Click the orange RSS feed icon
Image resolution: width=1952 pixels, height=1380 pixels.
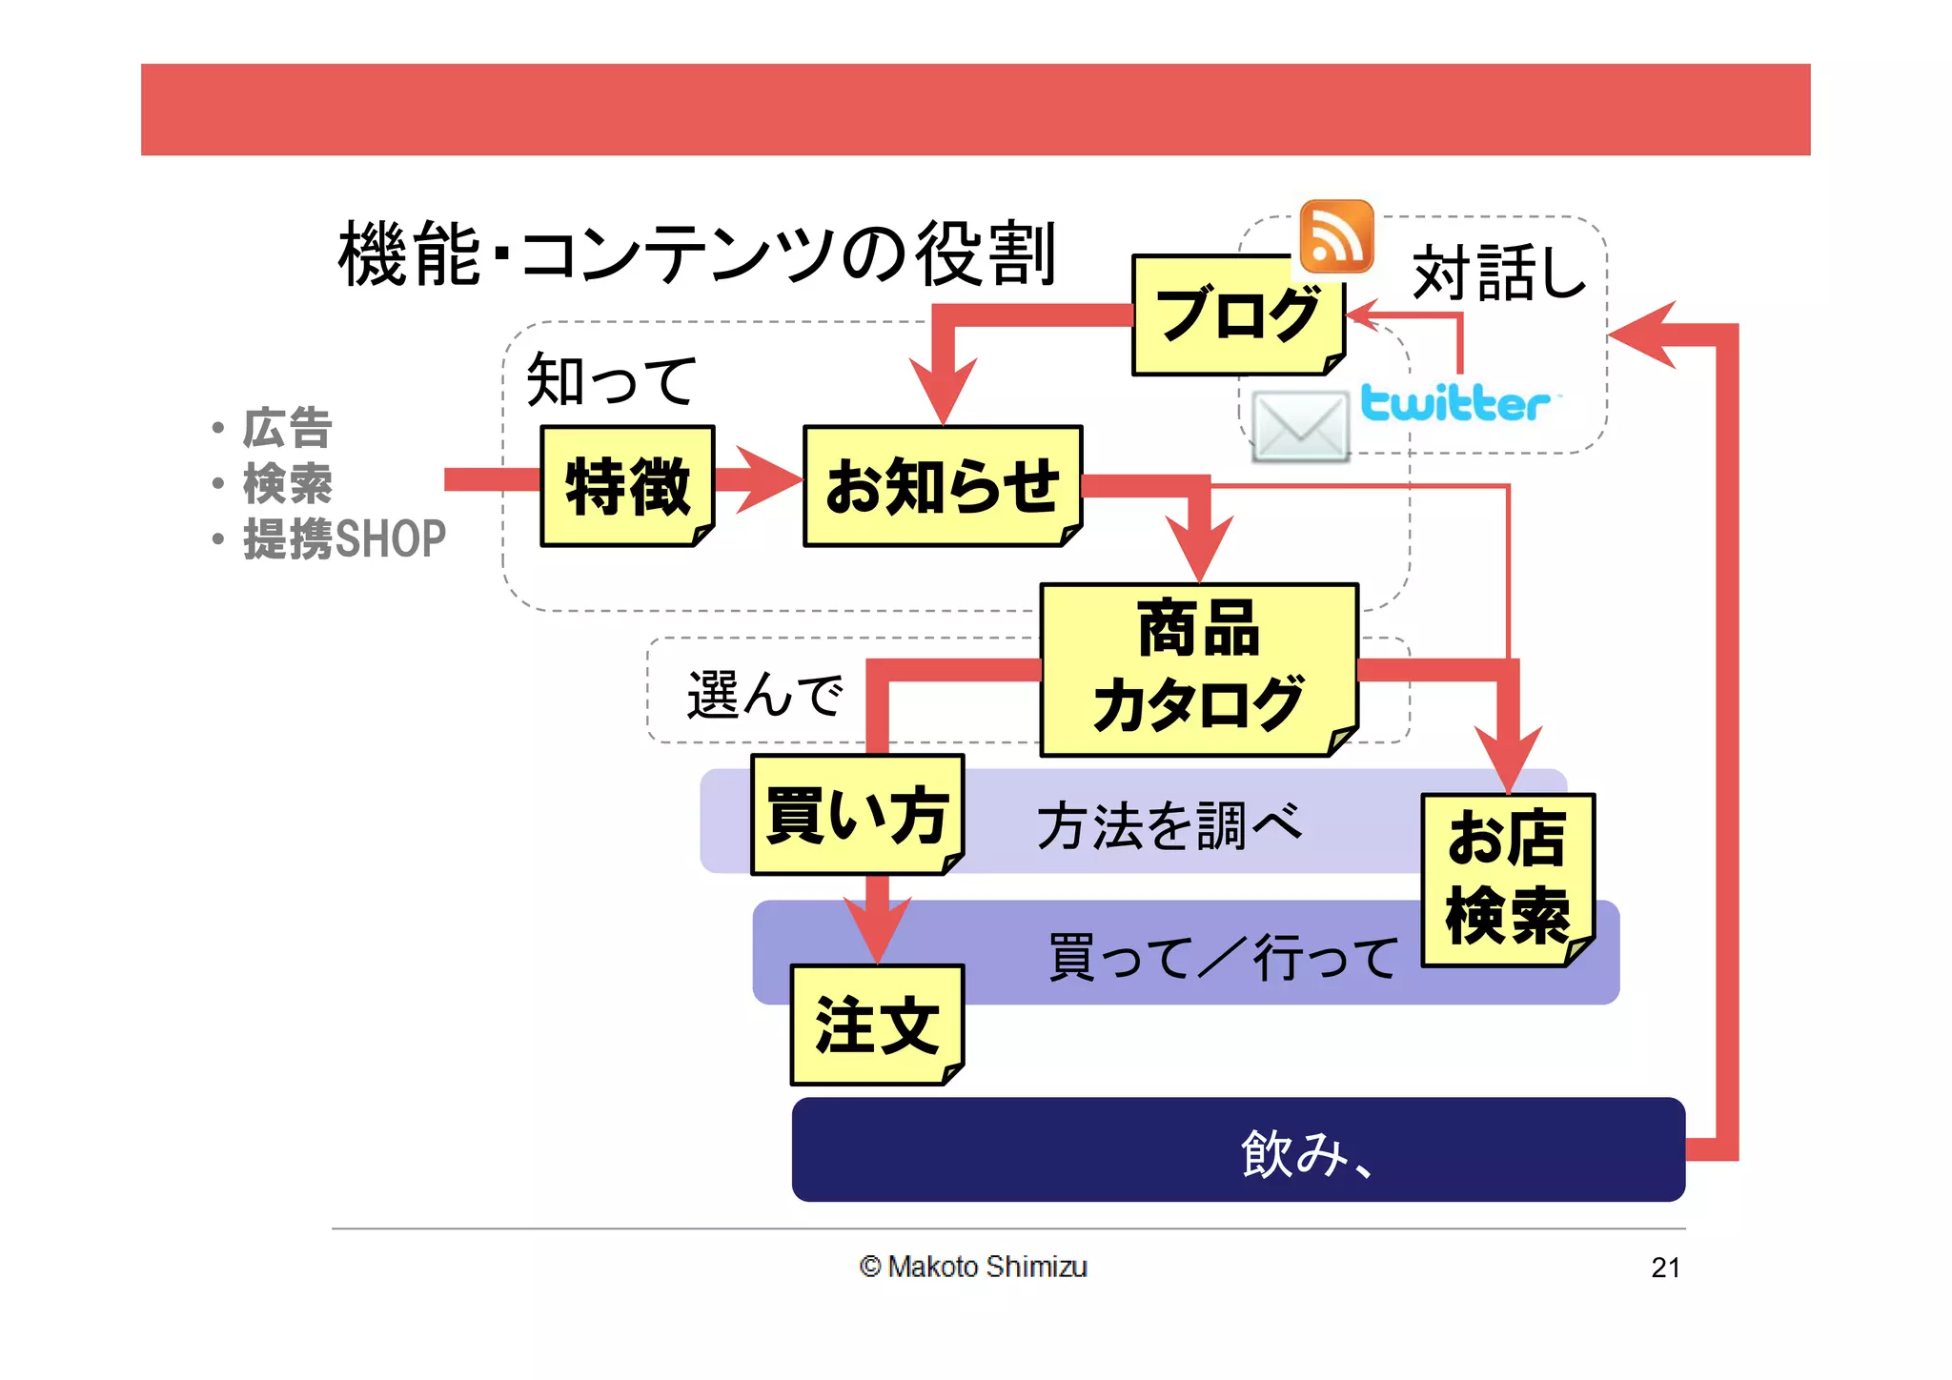[x=1336, y=236]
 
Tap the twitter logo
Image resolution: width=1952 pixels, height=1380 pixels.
[x=1454, y=402]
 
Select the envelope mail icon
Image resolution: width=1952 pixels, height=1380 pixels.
[x=1300, y=427]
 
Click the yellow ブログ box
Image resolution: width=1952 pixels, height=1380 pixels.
[x=1237, y=315]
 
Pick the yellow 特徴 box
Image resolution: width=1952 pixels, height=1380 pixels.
[x=627, y=486]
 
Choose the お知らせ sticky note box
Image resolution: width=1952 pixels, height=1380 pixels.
[x=942, y=486]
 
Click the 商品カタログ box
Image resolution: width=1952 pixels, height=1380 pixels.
[x=1198, y=669]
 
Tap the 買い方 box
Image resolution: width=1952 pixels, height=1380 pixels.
[x=856, y=815]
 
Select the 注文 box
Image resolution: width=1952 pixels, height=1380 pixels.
[x=877, y=1025]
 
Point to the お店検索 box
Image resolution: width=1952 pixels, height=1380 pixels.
[x=1507, y=879]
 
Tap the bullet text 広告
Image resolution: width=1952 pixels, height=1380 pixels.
[x=287, y=428]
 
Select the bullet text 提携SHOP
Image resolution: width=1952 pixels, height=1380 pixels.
[x=344, y=539]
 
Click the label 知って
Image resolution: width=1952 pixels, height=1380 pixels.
[x=611, y=379]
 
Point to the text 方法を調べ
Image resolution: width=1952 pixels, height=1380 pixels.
[x=1169, y=824]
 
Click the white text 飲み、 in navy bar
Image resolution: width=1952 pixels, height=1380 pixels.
[x=1306, y=1153]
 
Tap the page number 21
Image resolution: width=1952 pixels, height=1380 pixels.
[x=1665, y=1268]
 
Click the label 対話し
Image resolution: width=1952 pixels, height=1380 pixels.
[x=1498, y=273]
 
